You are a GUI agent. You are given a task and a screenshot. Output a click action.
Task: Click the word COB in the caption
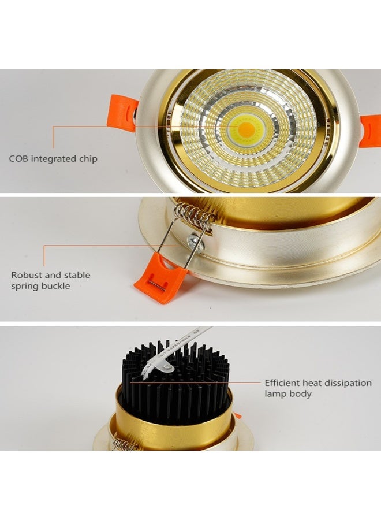coord(18,158)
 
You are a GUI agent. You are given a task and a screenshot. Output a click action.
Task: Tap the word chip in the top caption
coord(87,159)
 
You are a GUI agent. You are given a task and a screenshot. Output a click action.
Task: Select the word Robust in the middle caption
coord(27,275)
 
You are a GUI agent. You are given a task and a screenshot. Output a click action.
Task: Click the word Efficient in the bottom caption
coord(283,382)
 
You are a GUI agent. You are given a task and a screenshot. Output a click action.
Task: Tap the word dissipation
coord(349,382)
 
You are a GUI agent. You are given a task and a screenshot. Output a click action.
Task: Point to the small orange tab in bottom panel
coord(237,415)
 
